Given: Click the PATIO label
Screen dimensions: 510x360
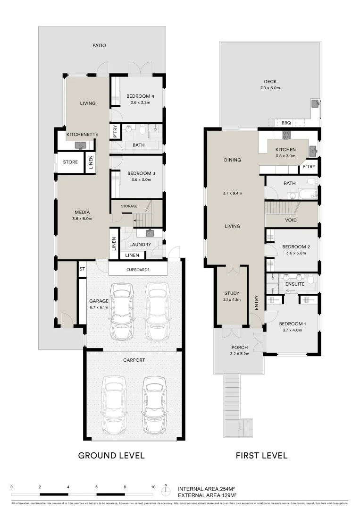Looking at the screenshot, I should point(99,46).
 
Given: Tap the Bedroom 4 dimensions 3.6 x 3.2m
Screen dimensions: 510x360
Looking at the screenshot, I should point(137,102).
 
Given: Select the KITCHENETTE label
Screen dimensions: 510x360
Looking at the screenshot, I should point(82,135).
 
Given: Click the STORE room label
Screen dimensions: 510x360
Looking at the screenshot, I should point(70,162).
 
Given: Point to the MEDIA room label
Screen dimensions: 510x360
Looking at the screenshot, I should point(82,212).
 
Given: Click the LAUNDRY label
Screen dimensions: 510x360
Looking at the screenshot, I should point(141,245).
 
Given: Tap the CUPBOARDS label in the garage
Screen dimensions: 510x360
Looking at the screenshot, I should point(138,270).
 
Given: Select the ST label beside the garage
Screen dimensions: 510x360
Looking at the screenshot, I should point(82,269).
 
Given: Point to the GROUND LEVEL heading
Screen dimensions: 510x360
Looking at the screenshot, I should point(111,456).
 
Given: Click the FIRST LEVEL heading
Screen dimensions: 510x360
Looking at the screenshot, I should point(261,456).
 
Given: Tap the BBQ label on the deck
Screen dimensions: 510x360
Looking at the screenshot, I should point(286,122).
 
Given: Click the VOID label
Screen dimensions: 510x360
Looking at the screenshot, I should point(291,220).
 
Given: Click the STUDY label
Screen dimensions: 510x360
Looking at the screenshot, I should point(232,293).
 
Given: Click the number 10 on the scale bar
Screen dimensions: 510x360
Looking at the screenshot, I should point(153,487).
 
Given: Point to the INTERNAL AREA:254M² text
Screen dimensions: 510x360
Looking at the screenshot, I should point(207,489).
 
